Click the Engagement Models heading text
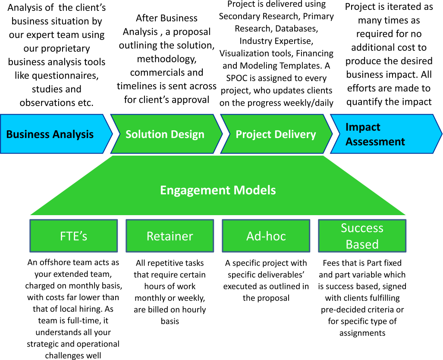[218, 190]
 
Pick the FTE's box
[73, 236]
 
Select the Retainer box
[170, 236]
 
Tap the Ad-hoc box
[266, 236]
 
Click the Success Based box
[362, 236]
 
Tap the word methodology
[167, 59]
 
